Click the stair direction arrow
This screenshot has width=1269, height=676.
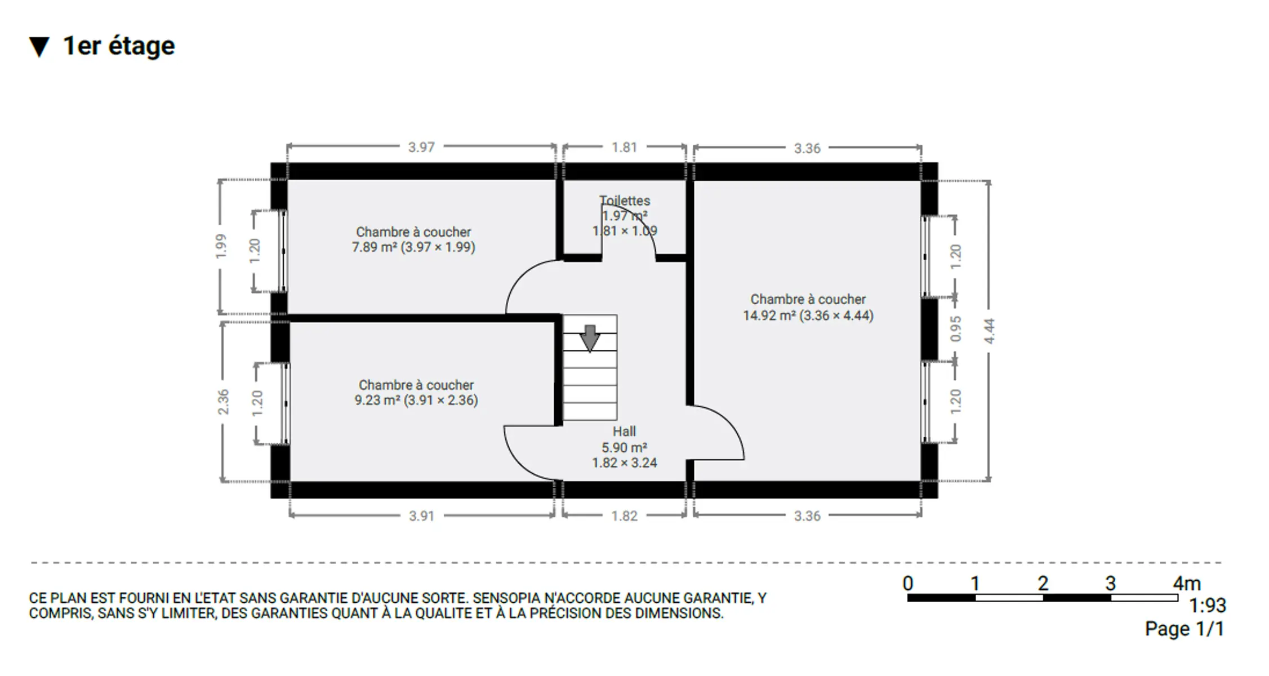590,338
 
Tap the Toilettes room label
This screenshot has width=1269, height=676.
625,201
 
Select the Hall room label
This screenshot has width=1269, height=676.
624,432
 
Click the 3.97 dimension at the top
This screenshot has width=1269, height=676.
421,148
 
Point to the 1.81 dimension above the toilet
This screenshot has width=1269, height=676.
624,148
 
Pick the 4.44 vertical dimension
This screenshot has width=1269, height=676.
990,331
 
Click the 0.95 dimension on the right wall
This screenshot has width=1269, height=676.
956,329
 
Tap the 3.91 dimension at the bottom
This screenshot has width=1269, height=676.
421,516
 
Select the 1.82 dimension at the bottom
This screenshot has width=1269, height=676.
625,516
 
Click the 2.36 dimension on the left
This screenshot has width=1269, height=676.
224,402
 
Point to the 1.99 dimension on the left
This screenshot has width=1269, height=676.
221,247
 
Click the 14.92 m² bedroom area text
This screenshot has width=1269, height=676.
808,315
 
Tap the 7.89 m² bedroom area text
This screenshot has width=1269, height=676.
414,247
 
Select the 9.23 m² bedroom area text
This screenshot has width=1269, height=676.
416,401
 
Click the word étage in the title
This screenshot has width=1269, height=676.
141,46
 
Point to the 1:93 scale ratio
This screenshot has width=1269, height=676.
1207,606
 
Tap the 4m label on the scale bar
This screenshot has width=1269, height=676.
1187,584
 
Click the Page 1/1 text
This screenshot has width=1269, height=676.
1185,629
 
